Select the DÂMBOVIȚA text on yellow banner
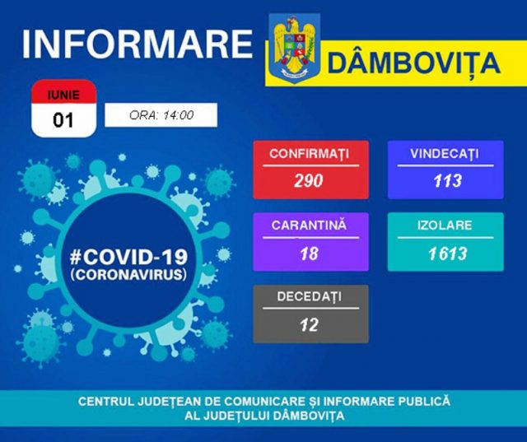[x=413, y=62]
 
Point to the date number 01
[x=63, y=120]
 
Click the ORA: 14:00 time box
[x=161, y=115]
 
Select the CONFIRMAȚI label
[x=310, y=154]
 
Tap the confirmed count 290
[x=309, y=181]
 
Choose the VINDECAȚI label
[x=445, y=154]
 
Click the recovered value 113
[x=445, y=181]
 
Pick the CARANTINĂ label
[x=310, y=225]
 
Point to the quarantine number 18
[x=310, y=253]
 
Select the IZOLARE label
[x=445, y=225]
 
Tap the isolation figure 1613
[x=445, y=253]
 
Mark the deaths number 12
[x=310, y=324]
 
